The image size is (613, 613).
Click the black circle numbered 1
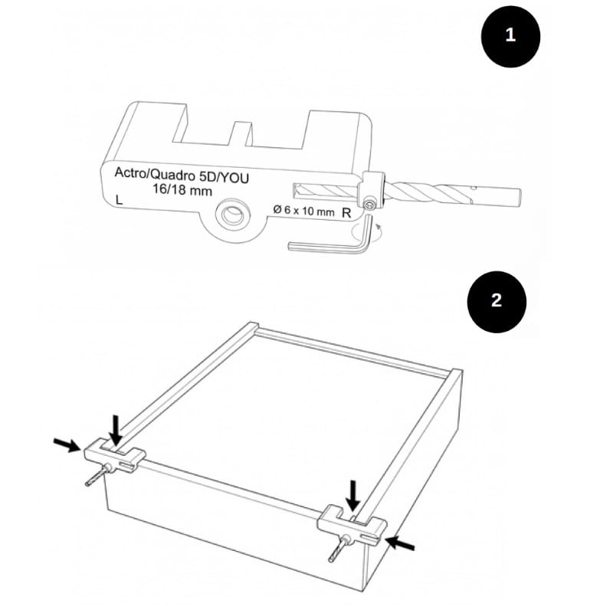pos(510,36)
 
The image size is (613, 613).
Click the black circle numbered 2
pos(497,301)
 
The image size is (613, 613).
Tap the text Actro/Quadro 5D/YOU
pos(182,175)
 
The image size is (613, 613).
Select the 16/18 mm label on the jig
pos(182,190)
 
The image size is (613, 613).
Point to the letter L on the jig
pos(120,200)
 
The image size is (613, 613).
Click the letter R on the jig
pos(346,213)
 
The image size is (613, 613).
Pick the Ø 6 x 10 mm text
pos(303,210)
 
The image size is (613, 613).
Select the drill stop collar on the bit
pos(373,190)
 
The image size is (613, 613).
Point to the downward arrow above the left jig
pos(116,431)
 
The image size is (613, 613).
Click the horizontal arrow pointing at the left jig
pos(67,444)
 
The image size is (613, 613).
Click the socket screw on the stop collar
pos(369,205)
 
